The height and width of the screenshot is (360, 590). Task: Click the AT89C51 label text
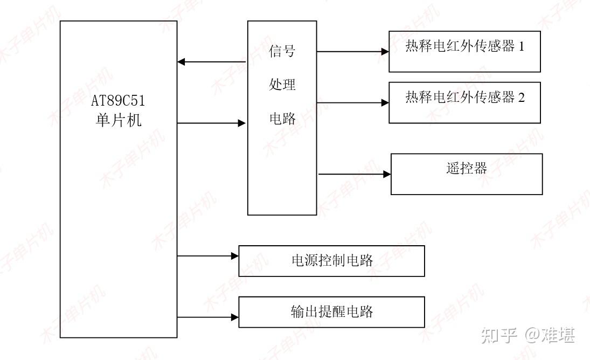point(118,101)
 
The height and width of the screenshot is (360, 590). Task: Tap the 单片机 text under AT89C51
point(118,120)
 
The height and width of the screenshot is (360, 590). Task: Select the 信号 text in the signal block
point(282,51)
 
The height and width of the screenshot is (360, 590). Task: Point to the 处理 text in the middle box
point(282,85)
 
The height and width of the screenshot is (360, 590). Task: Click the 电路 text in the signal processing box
point(282,119)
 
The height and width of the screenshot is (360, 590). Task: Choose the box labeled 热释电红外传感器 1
point(464,52)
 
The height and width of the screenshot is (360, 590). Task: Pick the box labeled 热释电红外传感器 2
point(464,103)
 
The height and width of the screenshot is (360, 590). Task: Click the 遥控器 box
point(466,174)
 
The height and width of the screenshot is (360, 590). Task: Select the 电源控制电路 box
point(331,261)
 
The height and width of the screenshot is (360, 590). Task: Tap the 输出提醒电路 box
point(331,312)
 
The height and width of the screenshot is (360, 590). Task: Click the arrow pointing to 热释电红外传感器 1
point(352,52)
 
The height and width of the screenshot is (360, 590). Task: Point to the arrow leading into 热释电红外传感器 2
point(352,102)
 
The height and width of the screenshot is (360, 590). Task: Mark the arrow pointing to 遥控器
point(355,174)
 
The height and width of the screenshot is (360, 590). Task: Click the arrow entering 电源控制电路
point(208,256)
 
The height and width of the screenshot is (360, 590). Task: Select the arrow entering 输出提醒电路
point(208,317)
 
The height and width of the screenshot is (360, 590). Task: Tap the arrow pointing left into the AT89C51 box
point(212,62)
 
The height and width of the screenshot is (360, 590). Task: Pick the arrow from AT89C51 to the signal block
point(212,123)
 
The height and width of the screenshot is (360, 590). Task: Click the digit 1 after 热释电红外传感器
point(521,46)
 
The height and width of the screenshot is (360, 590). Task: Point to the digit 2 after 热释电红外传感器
point(521,98)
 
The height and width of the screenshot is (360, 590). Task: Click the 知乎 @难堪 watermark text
point(527,335)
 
